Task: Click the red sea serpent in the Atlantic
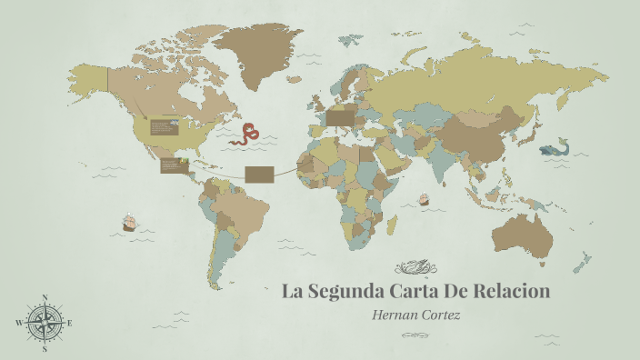point(244,135)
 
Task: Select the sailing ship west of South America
point(129,221)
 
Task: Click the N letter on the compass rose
point(45,298)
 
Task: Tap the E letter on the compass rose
point(70,323)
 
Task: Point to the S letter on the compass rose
point(45,347)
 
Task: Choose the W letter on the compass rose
point(19,323)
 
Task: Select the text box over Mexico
point(172,165)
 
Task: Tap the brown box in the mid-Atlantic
point(259,173)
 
